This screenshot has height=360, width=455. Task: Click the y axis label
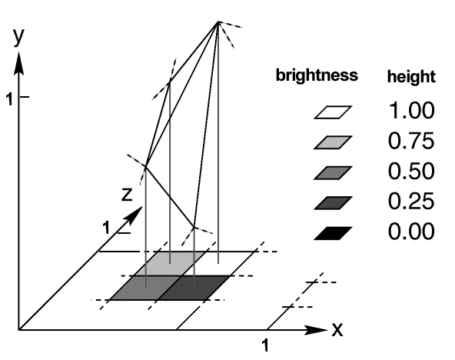19,37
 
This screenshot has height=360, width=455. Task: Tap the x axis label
337,329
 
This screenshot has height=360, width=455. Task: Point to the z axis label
127,194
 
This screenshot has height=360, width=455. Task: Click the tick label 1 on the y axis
10,99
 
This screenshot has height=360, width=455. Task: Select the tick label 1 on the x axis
265,345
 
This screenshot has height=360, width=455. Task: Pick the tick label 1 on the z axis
107,228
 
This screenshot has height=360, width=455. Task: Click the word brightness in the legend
317,75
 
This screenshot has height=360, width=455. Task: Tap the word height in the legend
411,77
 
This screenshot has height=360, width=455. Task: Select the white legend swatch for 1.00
333,112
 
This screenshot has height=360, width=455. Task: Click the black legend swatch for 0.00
333,233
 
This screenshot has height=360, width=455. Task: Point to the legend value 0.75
411,141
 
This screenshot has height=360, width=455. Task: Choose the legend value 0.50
411,171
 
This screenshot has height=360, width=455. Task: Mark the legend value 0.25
411,202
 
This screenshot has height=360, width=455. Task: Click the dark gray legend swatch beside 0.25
333,203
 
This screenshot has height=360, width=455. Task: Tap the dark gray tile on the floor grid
194,288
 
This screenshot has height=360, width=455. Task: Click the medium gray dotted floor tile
145,288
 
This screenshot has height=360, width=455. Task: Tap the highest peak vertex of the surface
218,22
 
